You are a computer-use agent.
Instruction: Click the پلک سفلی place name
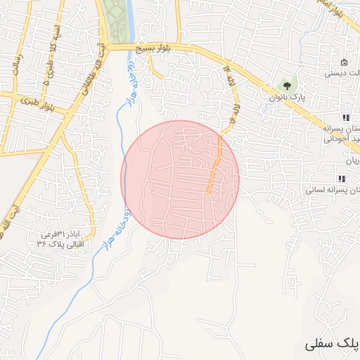tap(333, 345)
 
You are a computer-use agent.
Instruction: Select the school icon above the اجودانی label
tap(345, 117)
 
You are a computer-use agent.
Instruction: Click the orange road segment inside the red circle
tap(214, 165)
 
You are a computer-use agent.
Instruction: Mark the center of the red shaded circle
tap(180, 179)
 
